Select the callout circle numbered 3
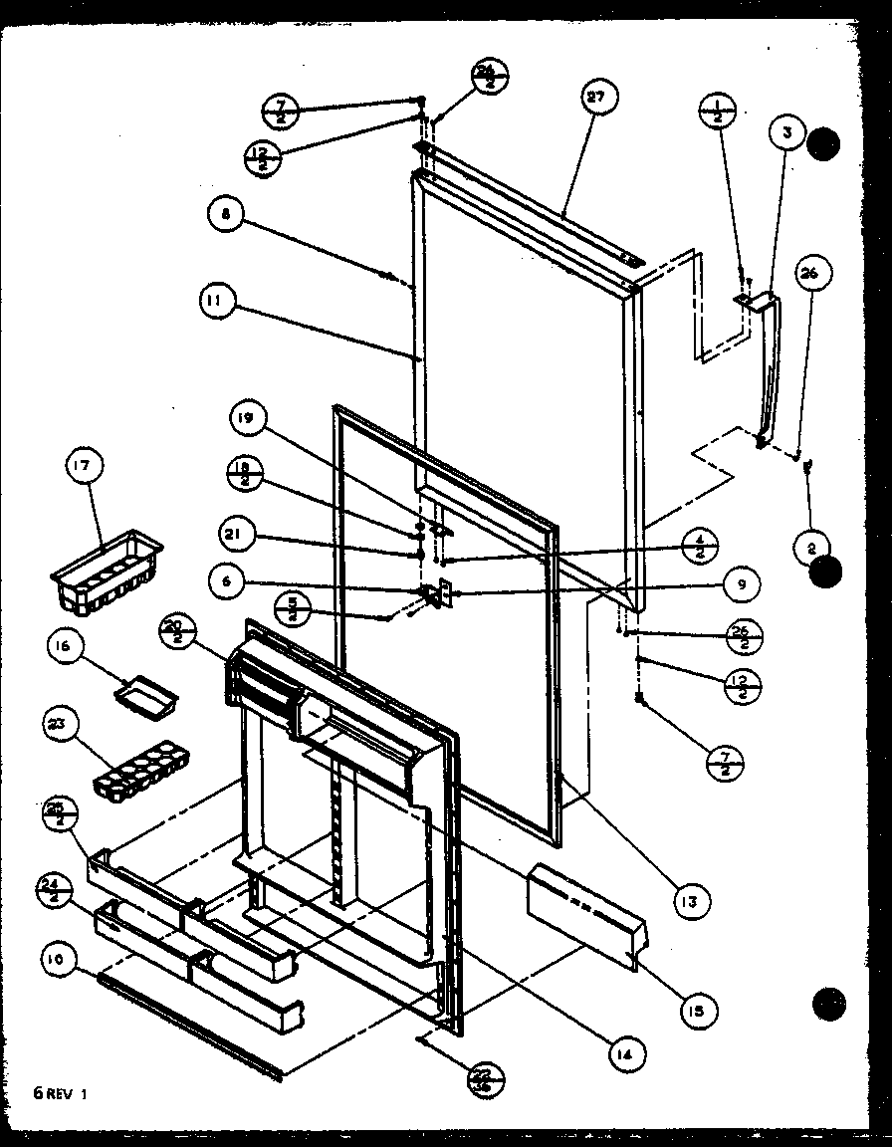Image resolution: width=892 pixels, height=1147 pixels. pos(785,132)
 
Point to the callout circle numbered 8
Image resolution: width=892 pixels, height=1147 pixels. pos(226,216)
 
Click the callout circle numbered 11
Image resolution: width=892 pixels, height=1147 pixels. pos(216,301)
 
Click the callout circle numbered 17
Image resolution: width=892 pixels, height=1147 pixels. pos(84,466)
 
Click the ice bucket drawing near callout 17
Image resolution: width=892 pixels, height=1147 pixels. pos(105,572)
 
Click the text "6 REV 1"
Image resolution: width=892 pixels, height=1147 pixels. pos(62,1093)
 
